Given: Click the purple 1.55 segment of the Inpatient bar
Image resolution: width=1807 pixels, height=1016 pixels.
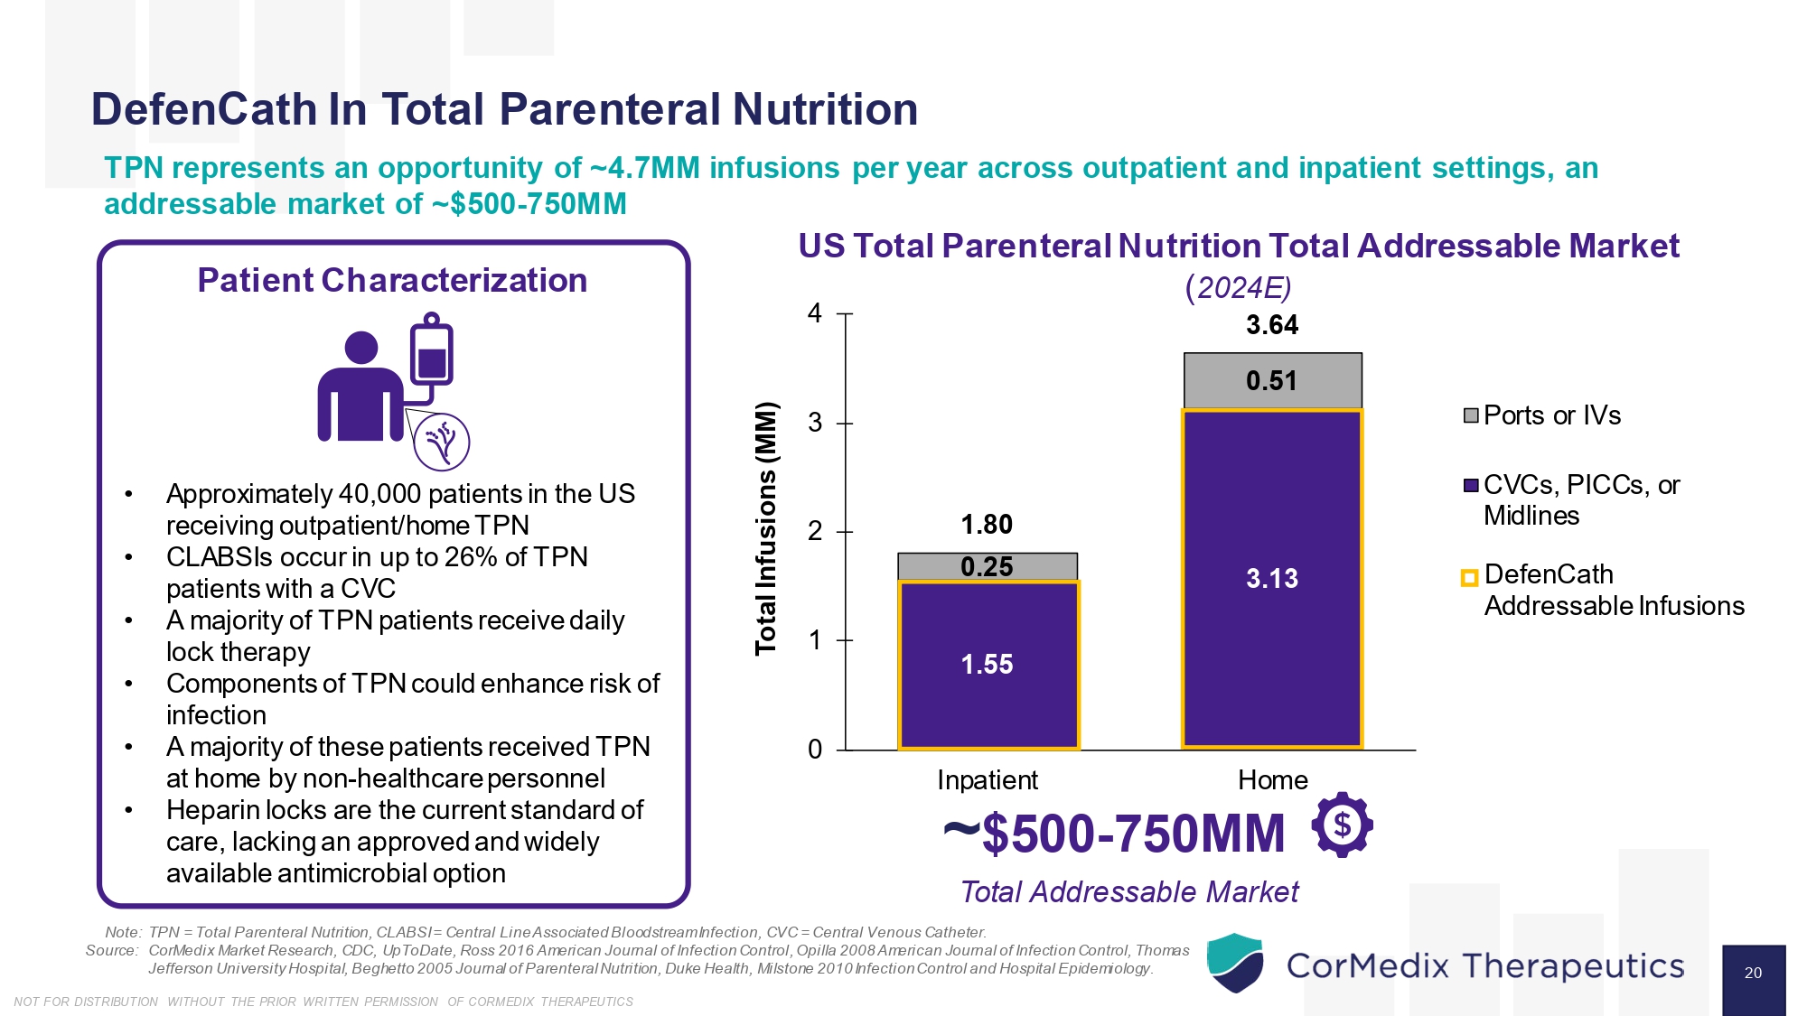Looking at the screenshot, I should click(988, 666).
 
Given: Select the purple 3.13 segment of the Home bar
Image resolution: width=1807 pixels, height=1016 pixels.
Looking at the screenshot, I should click(1272, 579).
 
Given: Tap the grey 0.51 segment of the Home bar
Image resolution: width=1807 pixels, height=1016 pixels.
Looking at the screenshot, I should click(1272, 381).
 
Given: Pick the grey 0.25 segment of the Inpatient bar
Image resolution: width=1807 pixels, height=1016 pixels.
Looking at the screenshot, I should click(988, 566).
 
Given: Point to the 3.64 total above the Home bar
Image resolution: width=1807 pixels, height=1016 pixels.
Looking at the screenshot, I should click(1272, 325).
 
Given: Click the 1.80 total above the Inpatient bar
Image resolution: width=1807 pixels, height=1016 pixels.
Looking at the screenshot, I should click(987, 525).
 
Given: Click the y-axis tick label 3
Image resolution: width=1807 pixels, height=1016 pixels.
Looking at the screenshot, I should click(815, 423).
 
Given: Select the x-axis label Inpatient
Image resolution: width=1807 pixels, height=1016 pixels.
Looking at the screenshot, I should click(988, 780).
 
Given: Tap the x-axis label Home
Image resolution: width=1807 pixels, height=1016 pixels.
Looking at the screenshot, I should click(1272, 780).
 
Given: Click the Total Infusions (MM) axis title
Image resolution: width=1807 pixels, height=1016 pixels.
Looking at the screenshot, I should click(766, 528).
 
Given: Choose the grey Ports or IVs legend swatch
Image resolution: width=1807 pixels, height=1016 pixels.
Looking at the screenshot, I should click(1471, 415).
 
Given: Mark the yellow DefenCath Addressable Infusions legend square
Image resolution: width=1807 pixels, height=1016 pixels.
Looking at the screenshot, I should click(1470, 578).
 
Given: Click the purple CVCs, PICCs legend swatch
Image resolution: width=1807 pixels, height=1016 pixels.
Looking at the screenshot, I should click(1471, 486).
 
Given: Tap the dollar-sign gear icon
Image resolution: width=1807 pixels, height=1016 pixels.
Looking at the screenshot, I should click(1343, 825).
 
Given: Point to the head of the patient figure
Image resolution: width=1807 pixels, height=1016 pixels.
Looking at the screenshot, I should click(361, 348).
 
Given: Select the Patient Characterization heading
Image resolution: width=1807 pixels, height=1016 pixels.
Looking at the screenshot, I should click(392, 281).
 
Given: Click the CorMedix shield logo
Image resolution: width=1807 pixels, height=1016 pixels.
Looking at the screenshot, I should click(1235, 964).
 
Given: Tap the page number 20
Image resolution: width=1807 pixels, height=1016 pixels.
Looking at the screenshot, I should click(1753, 974).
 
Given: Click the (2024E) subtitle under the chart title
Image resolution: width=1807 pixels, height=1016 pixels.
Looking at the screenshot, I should click(1238, 287).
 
